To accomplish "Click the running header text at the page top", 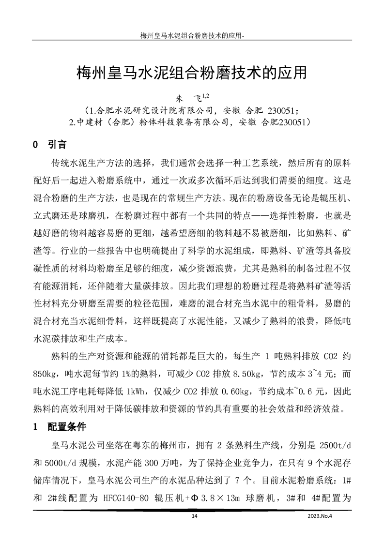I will click(192, 35).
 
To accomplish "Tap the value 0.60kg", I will click(234, 392).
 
